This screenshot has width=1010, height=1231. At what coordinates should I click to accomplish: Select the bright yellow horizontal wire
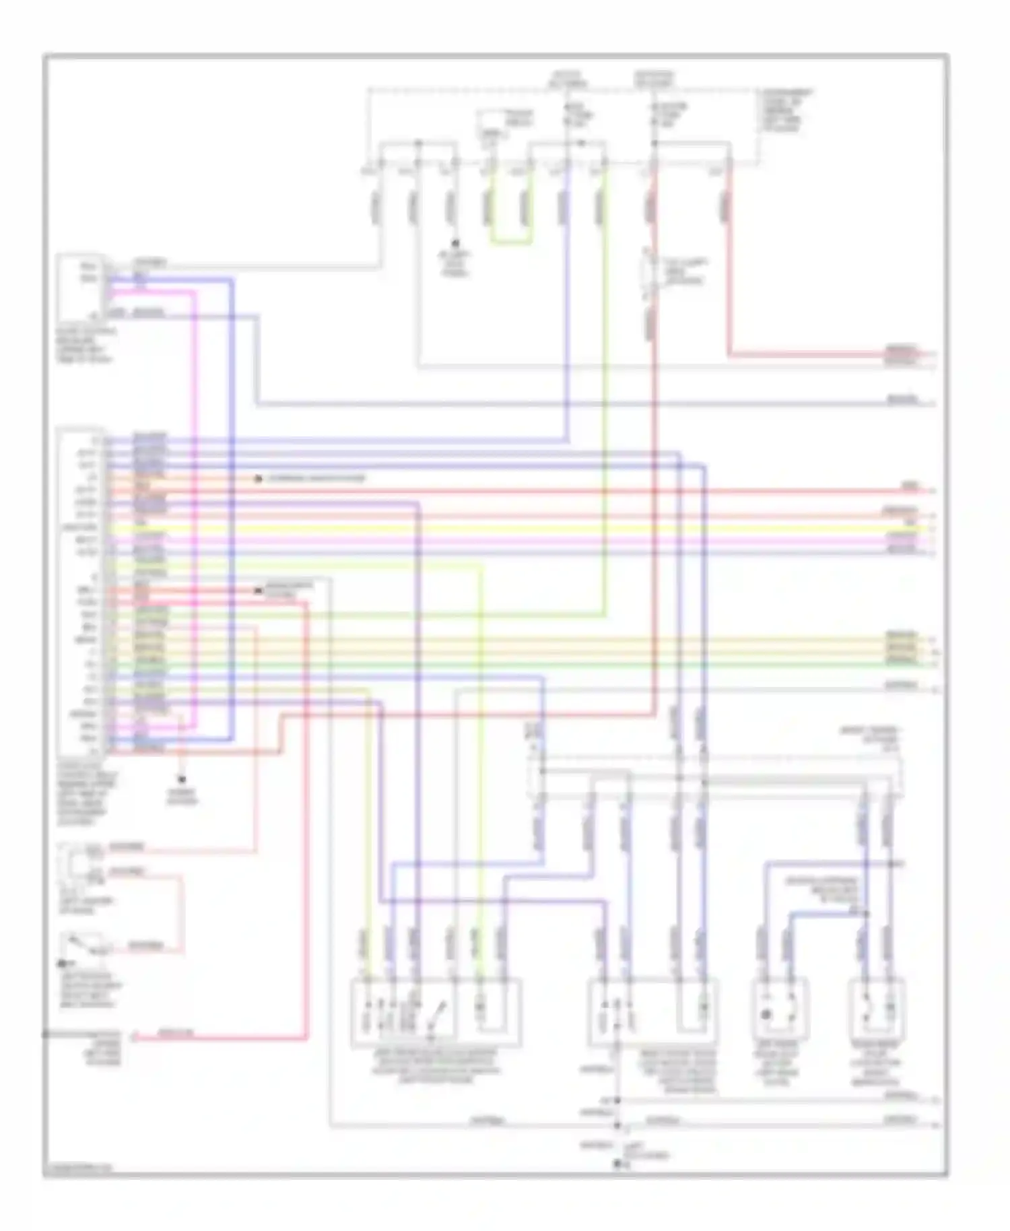539,529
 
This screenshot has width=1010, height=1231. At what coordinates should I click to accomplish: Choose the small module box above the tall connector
80,287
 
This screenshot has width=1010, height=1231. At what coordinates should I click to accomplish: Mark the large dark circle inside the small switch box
766,1014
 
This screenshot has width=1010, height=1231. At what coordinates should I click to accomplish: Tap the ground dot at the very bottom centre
617,1163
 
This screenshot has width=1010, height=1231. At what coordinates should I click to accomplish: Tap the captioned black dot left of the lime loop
455,244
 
